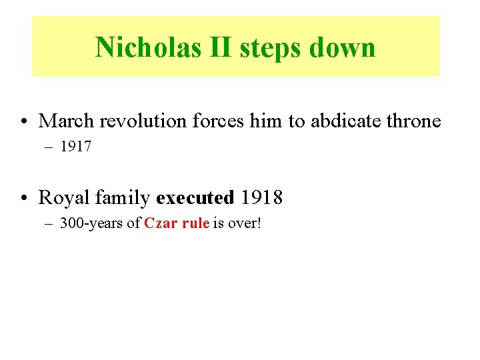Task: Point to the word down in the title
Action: (345, 47)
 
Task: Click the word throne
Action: (413, 121)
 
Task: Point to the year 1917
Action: (75, 147)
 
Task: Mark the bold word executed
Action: (195, 198)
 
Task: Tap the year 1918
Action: (262, 198)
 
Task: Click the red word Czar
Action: (160, 223)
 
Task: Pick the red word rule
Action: (195, 223)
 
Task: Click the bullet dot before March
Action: (23, 122)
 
